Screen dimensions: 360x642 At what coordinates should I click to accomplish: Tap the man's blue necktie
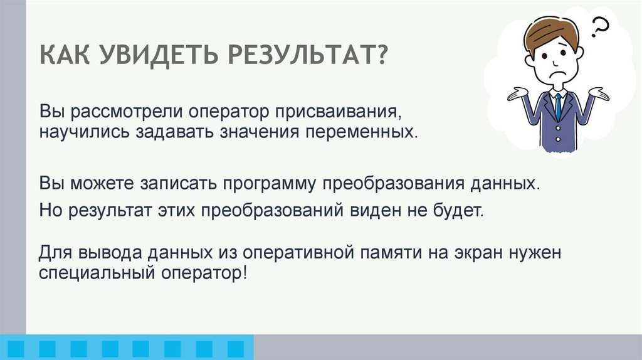click(x=557, y=107)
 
